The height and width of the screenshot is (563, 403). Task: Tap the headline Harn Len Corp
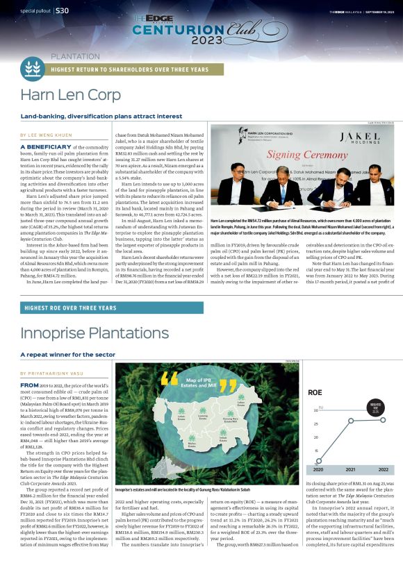coord(71,95)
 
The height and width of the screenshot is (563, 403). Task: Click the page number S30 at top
coord(61,10)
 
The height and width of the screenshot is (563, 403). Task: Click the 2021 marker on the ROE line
coord(349,421)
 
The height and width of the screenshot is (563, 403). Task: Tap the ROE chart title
coord(315,392)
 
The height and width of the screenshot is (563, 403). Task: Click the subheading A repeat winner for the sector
coord(67,354)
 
